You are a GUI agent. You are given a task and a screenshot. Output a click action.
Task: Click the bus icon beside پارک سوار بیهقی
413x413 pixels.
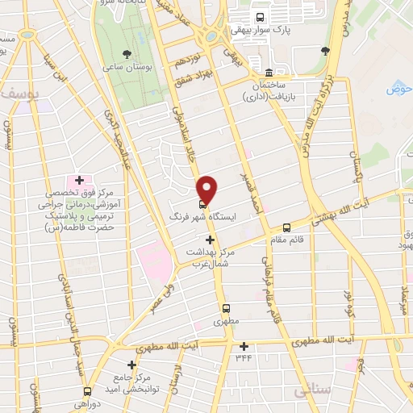(259, 17)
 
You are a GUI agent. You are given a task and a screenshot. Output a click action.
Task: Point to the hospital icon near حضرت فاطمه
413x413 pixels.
(79, 179)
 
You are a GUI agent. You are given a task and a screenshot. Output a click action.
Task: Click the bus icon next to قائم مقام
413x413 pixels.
(286, 227)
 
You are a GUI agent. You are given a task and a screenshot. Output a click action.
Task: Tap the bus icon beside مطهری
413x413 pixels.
(225, 307)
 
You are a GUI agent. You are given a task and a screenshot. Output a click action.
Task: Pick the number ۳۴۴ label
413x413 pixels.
(243, 357)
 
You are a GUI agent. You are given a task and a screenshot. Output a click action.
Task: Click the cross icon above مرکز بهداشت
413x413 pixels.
(210, 240)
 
